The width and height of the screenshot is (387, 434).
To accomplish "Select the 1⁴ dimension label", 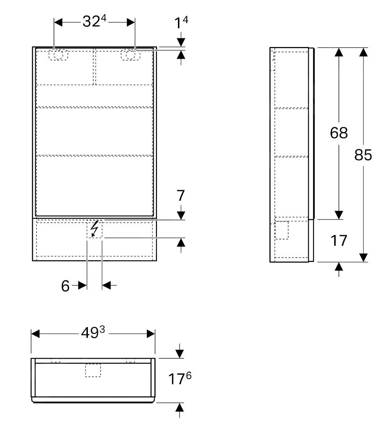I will tap(181, 24).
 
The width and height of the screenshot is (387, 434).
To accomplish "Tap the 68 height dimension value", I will tap(339, 133).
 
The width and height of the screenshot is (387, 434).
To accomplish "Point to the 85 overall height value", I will tap(363, 155).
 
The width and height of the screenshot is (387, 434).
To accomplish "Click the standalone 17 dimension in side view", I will tap(339, 241).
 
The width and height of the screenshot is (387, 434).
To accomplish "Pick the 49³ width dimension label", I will tap(93, 333).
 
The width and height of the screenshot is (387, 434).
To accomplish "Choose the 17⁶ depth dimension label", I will tap(179, 379).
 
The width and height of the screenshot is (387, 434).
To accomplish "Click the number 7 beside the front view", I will tap(181, 196).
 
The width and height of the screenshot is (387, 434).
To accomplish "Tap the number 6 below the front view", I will tap(65, 286).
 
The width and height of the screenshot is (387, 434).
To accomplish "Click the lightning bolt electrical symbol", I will tap(94, 229).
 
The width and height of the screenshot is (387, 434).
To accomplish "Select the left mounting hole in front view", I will tap(58, 55).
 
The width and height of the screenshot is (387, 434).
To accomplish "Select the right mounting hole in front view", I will tap(130, 55).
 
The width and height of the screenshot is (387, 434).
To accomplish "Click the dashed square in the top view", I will tap(93, 370).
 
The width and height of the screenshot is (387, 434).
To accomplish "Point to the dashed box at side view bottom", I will tap(282, 230).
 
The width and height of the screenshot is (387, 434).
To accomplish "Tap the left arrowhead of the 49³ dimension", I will tap(35, 333).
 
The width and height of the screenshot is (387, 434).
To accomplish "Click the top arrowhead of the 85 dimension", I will tap(363, 52).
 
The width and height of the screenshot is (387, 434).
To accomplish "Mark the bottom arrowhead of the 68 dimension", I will tap(339, 214).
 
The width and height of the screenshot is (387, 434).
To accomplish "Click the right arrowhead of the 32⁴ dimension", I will tap(131, 22).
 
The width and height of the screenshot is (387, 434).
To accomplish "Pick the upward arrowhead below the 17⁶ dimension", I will tap(179, 407).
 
